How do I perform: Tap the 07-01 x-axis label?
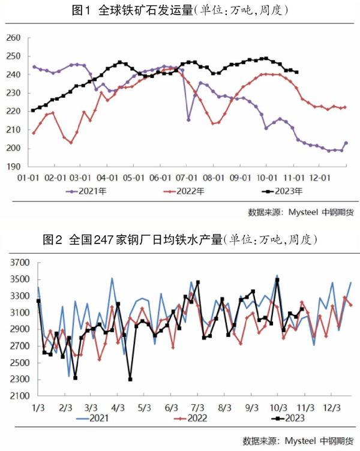(x=188, y=179)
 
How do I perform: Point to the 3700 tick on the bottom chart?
(x=20, y=263)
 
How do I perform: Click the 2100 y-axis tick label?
(x=20, y=396)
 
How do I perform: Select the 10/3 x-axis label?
(x=277, y=408)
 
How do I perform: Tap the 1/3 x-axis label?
(x=37, y=408)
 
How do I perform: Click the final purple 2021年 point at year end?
(x=346, y=143)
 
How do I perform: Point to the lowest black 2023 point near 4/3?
(x=130, y=379)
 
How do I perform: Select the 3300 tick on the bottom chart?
(x=20, y=296)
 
